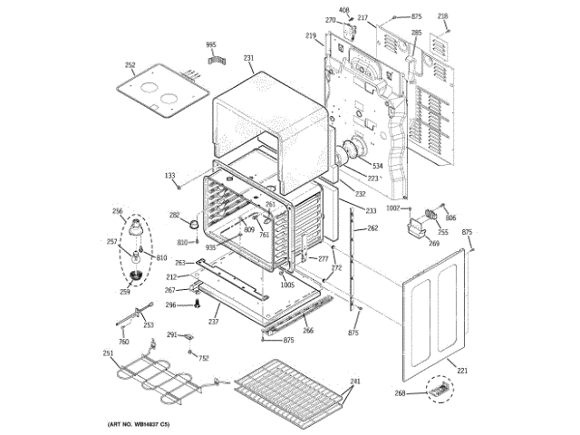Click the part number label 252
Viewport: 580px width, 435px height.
[x=130, y=65]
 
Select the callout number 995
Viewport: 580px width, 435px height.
[x=211, y=43]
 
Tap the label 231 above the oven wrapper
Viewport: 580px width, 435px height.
[x=248, y=58]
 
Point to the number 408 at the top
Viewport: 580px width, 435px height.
[x=343, y=10]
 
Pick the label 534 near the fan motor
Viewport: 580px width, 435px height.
[x=376, y=167]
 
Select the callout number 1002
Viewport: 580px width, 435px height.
[x=391, y=208]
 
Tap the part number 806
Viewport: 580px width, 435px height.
[x=450, y=217]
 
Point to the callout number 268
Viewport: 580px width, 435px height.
[x=424, y=392]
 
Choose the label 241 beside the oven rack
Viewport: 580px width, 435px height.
[x=355, y=381]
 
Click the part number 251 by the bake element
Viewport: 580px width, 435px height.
[x=108, y=354]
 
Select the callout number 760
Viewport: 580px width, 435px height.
[x=124, y=342]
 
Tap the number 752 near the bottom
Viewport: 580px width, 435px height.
[x=204, y=358]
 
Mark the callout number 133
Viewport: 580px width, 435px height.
[x=169, y=176]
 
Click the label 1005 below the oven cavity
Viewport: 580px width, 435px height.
[x=287, y=285]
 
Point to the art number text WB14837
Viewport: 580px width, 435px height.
[x=145, y=424]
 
